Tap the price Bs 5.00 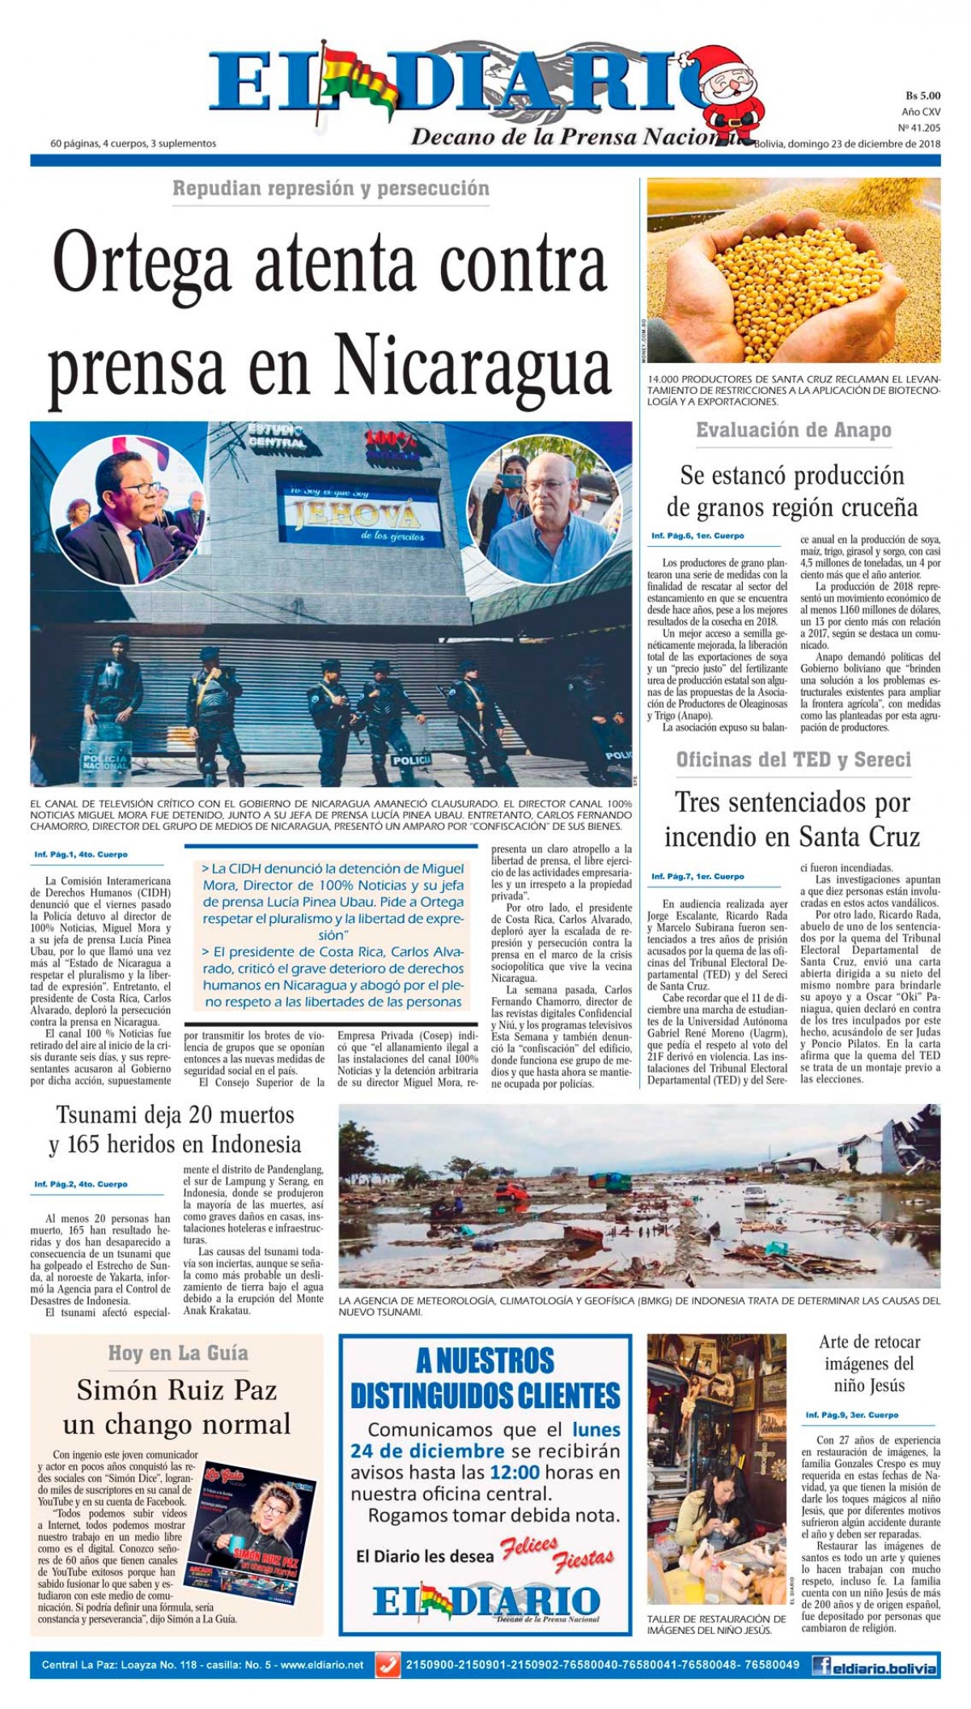click(922, 95)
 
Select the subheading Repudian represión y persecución click(331, 188)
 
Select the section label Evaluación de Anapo click(793, 430)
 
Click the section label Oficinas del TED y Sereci click(793, 759)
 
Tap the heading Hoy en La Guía click(178, 1353)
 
